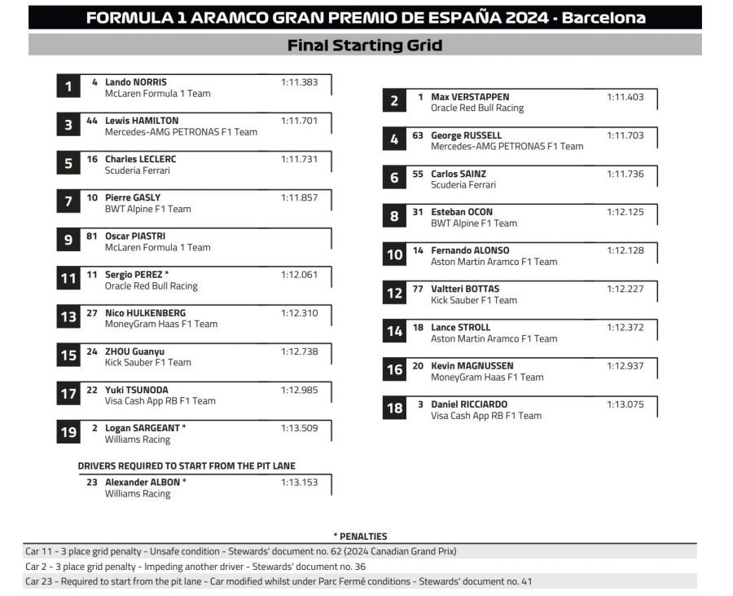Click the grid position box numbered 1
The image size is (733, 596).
click(68, 86)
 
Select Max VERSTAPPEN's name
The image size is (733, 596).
click(470, 97)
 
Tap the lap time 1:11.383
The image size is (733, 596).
click(299, 82)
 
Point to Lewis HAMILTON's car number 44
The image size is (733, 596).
click(92, 121)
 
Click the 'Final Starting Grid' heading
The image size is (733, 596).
click(365, 46)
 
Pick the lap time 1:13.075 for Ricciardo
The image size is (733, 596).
click(625, 404)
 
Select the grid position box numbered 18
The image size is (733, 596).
click(394, 408)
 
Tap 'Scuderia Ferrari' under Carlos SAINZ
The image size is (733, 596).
click(463, 185)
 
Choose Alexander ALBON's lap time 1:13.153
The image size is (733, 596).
click(299, 482)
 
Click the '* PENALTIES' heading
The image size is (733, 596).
click(360, 536)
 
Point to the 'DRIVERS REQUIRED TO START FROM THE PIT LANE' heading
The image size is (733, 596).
click(187, 466)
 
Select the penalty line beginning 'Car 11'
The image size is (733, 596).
click(241, 551)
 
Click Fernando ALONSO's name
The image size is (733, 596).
click(470, 250)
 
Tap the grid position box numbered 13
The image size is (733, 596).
click(68, 317)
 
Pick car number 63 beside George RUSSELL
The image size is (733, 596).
click(418, 135)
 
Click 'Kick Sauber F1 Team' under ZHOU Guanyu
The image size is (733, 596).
click(147, 362)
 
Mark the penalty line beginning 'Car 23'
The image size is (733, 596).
click(279, 581)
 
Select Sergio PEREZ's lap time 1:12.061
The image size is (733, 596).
click(299, 275)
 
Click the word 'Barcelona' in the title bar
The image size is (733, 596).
click(606, 18)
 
